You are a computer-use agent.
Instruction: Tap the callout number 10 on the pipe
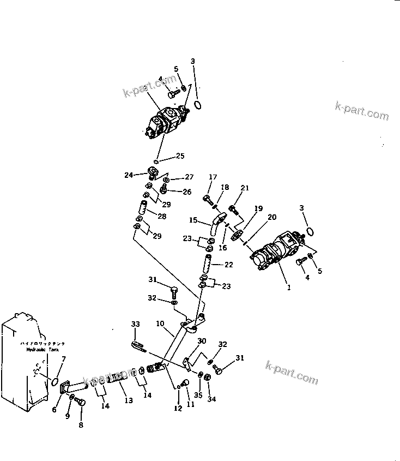[160, 324]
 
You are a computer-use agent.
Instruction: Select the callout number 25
[179, 156]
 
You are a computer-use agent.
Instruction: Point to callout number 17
[213, 177]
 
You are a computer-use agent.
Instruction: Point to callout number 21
[245, 189]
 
